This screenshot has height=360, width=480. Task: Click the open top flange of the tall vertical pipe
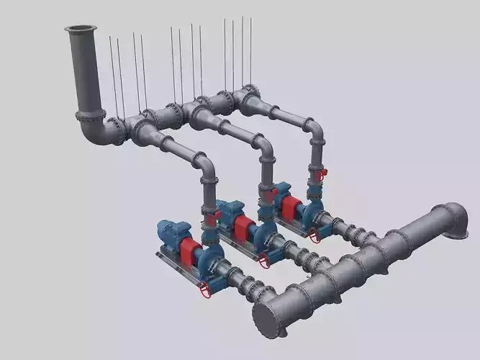pos(80,29)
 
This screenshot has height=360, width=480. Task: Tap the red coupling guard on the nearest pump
pos(191,252)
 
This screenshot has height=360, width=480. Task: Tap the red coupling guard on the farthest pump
pos(290,208)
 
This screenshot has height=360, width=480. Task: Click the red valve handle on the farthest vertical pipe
pos(323,173)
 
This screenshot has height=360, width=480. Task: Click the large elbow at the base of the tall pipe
pos(94,130)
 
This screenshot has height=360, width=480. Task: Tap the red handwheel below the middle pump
pos(263,261)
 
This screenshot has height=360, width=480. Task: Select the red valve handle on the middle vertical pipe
pos(270,194)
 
